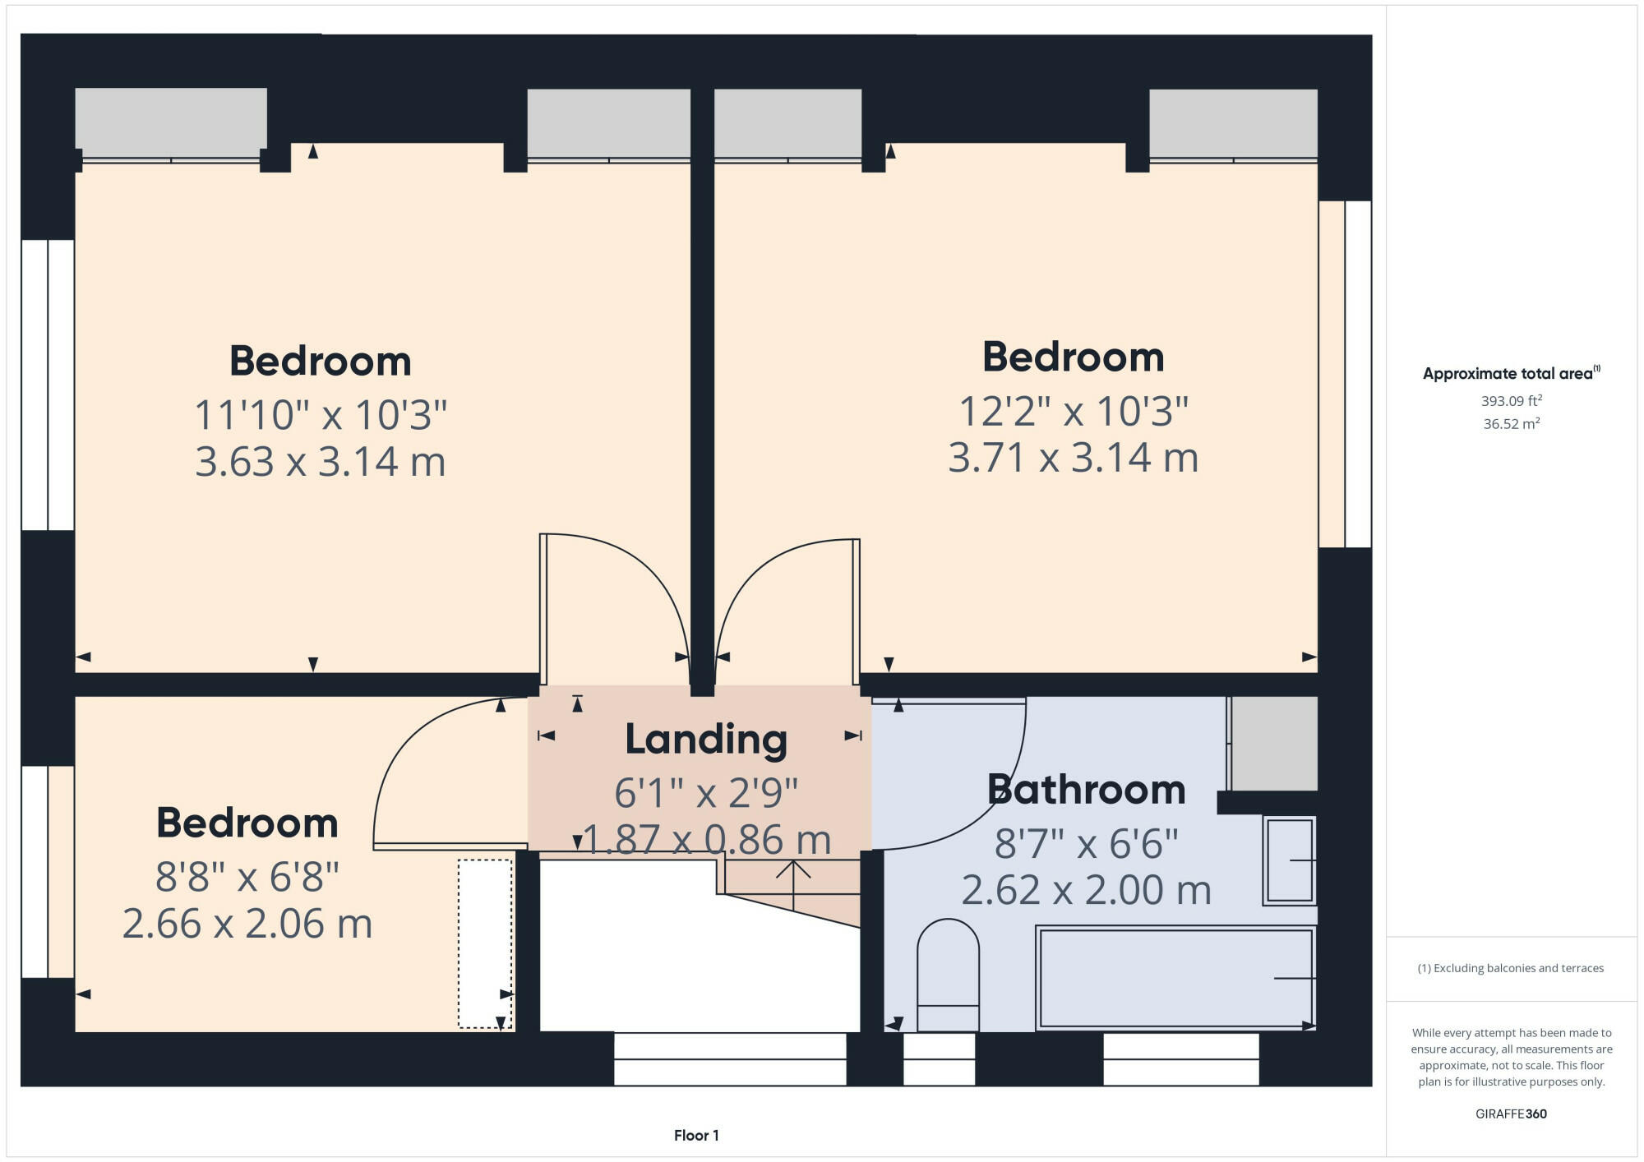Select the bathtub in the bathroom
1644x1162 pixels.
pos(1175,978)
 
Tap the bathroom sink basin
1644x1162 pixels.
pos(1289,860)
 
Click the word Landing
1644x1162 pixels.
pos(706,739)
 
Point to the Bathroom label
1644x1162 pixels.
pos(1086,790)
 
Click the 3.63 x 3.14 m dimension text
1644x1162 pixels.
pos(320,461)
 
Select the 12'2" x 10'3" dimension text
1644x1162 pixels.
pos(1073,411)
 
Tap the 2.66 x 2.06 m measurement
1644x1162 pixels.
pos(247,924)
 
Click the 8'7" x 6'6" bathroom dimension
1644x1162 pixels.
pos(1086,844)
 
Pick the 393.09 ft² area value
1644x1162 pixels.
pos(1511,401)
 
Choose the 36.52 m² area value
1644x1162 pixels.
pos(1511,424)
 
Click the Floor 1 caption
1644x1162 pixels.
pos(696,1135)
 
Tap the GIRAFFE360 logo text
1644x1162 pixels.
pos(1511,1114)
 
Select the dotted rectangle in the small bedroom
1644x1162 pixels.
pos(485,943)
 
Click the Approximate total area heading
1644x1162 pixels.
pos(1511,373)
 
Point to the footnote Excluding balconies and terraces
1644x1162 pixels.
pos(1511,968)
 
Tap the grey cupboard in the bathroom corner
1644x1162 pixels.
pos(1274,744)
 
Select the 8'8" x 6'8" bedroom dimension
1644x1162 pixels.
pos(247,877)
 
